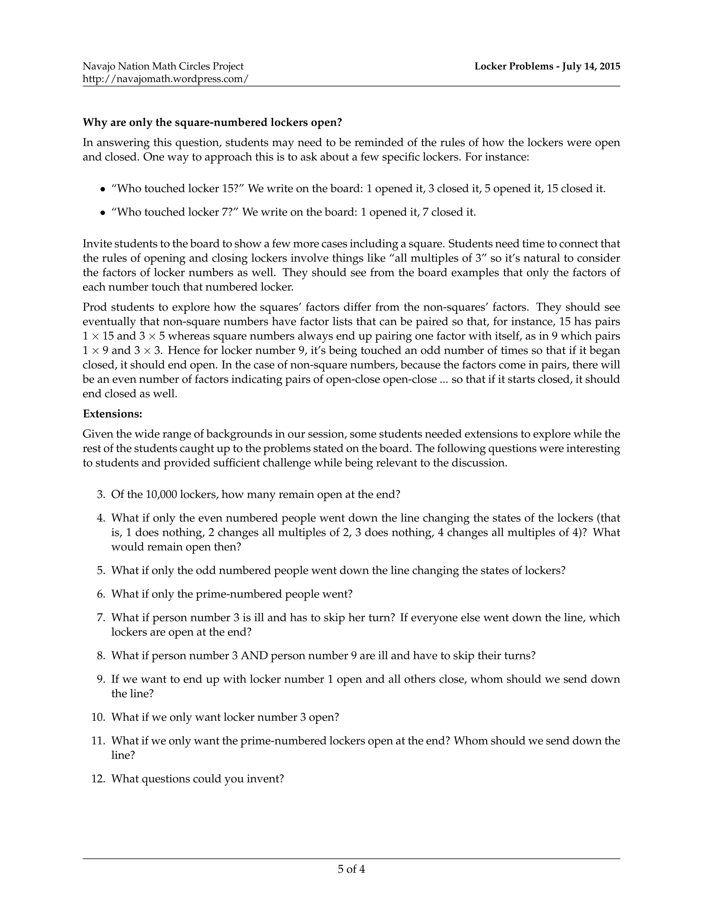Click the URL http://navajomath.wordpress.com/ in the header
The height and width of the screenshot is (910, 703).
pos(165,79)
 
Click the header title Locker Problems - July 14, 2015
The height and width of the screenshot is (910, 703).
pos(547,66)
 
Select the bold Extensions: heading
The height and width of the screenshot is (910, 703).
pos(113,414)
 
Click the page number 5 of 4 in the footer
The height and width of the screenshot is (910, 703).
pos(351,869)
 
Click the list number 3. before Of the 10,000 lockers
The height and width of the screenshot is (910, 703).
pos(101,494)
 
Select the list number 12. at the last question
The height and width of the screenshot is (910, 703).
pos(98,779)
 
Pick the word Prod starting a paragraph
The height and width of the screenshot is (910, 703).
pos(94,307)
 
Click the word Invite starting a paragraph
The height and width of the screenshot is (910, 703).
pos(96,244)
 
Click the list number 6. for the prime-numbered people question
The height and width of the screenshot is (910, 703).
pos(101,594)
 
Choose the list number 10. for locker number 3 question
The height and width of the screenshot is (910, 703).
pos(98,717)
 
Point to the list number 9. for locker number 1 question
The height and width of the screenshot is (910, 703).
pos(101,679)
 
